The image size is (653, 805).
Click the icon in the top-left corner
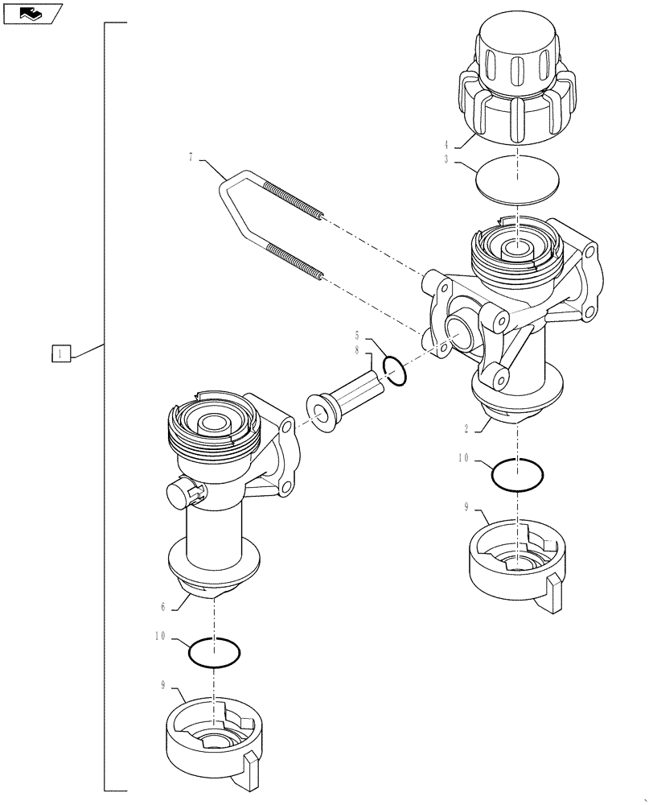[31, 12]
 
